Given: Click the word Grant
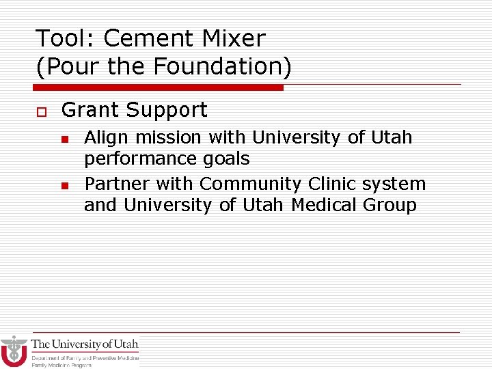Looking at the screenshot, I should [x=90, y=110].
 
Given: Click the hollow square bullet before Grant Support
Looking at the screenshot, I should [x=39, y=111].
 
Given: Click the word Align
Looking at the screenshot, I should [x=102, y=137].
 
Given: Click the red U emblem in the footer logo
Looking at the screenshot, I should [x=14, y=352].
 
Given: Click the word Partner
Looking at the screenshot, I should [x=117, y=184].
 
